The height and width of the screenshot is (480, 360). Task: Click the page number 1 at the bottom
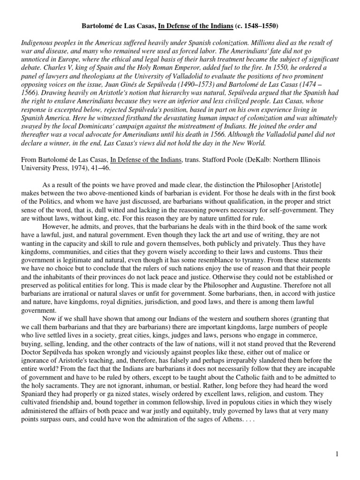tap(349, 454)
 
